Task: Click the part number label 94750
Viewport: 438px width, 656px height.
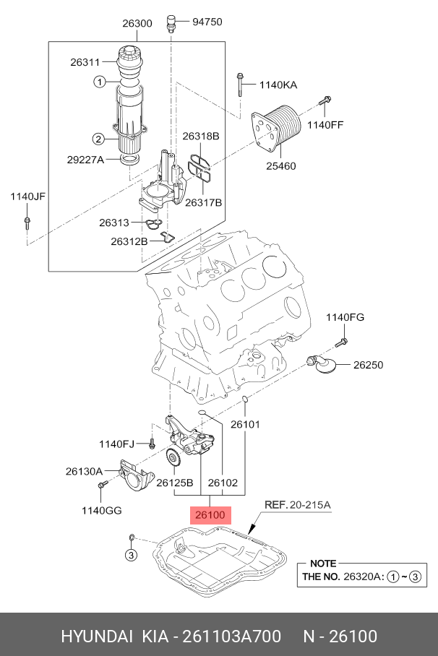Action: tap(207, 22)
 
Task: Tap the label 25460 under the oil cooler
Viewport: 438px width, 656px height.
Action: tap(280, 165)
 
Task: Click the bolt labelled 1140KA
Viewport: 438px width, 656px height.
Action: tap(239, 85)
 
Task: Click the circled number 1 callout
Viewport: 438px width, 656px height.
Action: tap(99, 82)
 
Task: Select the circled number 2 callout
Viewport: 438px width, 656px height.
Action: tap(98, 139)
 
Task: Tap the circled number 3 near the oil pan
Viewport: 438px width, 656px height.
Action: tap(131, 555)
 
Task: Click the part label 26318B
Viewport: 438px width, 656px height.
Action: tap(200, 136)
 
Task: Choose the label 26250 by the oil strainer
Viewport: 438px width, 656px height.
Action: tap(368, 365)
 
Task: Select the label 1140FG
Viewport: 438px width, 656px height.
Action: tap(345, 317)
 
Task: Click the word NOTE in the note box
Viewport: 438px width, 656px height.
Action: tap(322, 562)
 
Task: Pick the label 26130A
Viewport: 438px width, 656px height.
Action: tap(85, 471)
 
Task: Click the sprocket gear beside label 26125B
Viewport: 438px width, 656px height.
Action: tap(173, 459)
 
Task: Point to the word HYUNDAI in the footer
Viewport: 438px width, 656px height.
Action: tap(95, 636)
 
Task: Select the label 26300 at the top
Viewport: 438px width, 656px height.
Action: tap(137, 23)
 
